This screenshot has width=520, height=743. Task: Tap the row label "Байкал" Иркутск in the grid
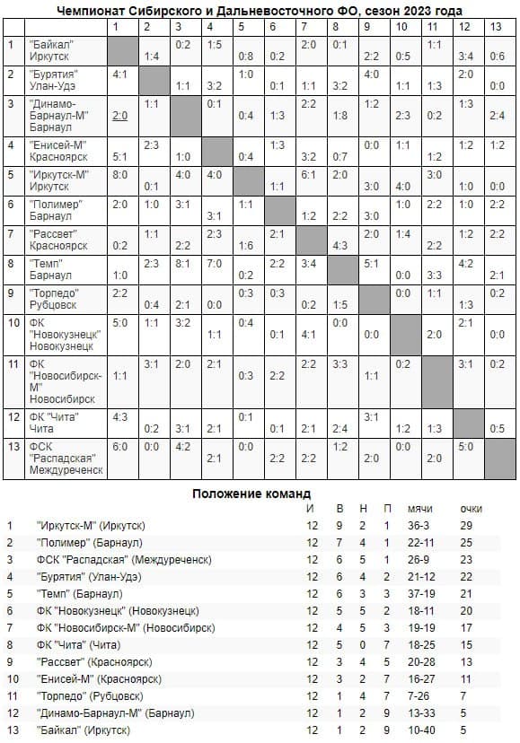[51, 49]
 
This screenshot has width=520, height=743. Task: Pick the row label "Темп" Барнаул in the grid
[49, 269]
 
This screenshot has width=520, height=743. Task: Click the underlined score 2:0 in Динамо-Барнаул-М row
[120, 116]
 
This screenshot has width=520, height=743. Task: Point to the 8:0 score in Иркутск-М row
[120, 174]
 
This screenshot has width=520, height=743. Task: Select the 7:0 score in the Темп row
[214, 264]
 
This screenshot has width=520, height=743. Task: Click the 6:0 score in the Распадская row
[120, 445]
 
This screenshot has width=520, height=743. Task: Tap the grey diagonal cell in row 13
[498, 458]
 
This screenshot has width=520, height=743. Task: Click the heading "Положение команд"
[251, 494]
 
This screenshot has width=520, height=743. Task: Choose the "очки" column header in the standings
[471, 509]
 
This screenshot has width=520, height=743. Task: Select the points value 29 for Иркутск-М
[466, 525]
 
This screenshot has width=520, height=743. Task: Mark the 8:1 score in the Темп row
[183, 264]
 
